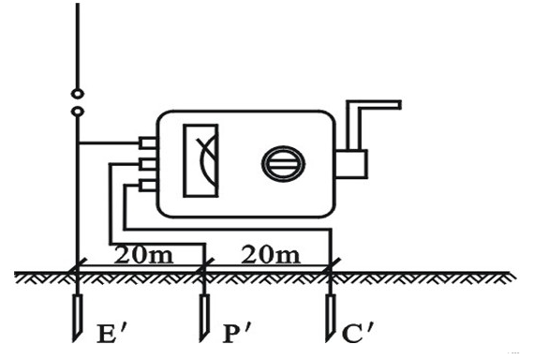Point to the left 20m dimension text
pyautogui.click(x=138, y=253)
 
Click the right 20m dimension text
pyautogui.click(x=267, y=253)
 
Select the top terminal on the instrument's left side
pyautogui.click(x=147, y=143)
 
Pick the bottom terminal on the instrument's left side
pyautogui.click(x=147, y=185)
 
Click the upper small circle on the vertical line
pyautogui.click(x=76, y=95)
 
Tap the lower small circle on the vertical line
pyautogui.click(x=76, y=112)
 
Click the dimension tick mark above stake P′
pyautogui.click(x=204, y=270)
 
